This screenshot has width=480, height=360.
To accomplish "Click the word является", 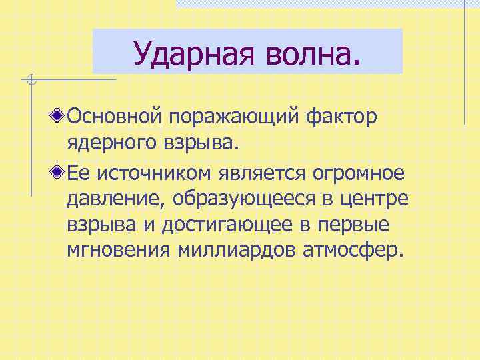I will pyautogui.click(x=260, y=173).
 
